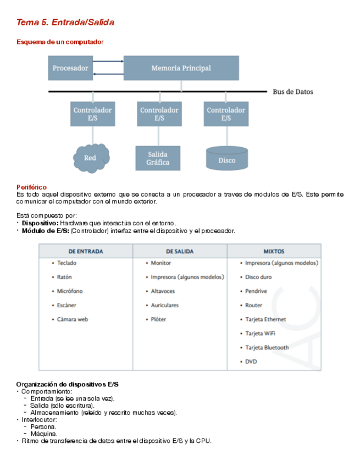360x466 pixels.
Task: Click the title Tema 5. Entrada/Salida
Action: pyautogui.click(x=65, y=23)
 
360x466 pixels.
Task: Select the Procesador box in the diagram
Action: pyautogui.click(x=70, y=68)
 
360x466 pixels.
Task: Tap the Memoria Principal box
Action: pyautogui.click(x=181, y=68)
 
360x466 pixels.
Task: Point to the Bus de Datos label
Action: pyautogui.click(x=293, y=92)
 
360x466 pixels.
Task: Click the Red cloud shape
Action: pyautogui.click(x=90, y=158)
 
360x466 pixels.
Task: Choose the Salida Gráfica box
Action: pyautogui.click(x=158, y=158)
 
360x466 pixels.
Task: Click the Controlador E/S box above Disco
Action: pyautogui.click(x=226, y=114)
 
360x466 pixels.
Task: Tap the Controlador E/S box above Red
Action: pyautogui.click(x=92, y=114)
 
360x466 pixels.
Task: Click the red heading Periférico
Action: pyautogui.click(x=31, y=187)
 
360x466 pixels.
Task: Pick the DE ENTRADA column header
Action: pyautogui.click(x=85, y=251)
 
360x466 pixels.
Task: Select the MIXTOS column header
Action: pyautogui.click(x=274, y=251)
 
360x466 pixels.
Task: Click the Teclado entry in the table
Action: pyautogui.click(x=67, y=263)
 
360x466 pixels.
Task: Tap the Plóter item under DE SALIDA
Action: pyautogui.click(x=158, y=319)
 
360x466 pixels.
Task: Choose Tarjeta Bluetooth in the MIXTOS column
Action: pyautogui.click(x=267, y=347)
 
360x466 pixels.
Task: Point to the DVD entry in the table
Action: pyautogui.click(x=251, y=362)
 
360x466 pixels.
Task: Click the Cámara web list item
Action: pyautogui.click(x=72, y=319)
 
